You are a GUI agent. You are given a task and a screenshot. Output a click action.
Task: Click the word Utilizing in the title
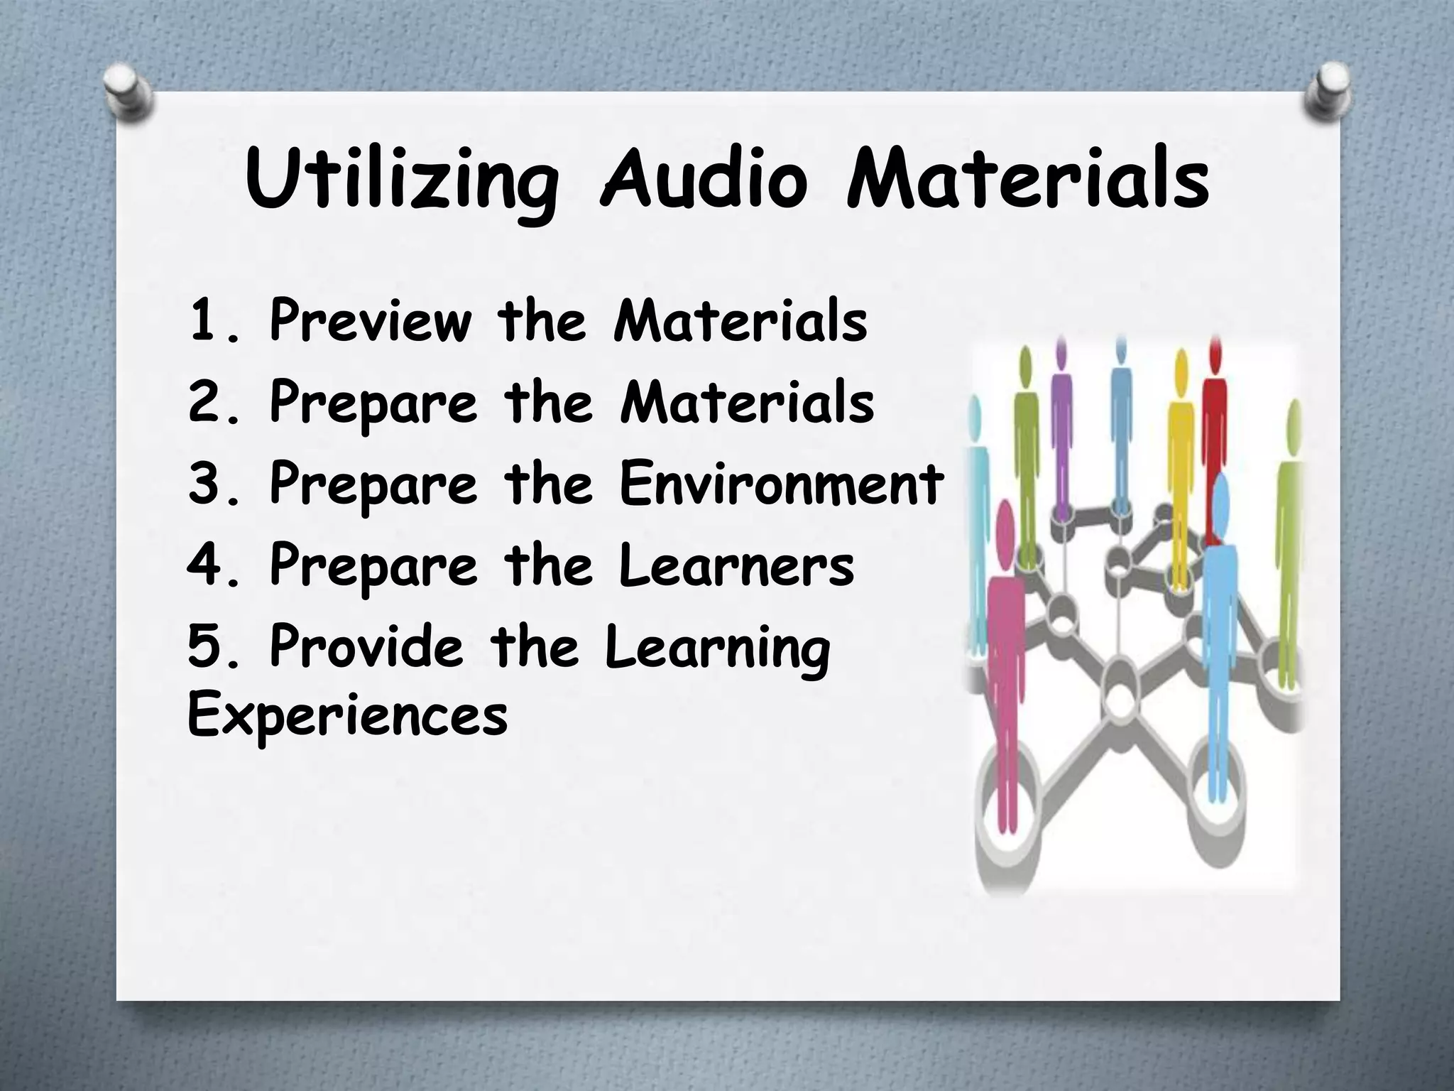tap(400, 179)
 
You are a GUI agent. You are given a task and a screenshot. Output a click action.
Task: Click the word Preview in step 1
tap(370, 321)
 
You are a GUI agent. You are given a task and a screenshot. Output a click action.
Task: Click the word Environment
tap(781, 482)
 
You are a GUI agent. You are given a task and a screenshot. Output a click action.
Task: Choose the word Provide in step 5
tap(366, 645)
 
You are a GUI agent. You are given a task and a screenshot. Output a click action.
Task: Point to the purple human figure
tap(1061, 426)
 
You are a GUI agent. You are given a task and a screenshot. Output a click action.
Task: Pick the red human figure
tap(1215, 426)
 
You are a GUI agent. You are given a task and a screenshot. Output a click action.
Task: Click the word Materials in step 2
tap(746, 401)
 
